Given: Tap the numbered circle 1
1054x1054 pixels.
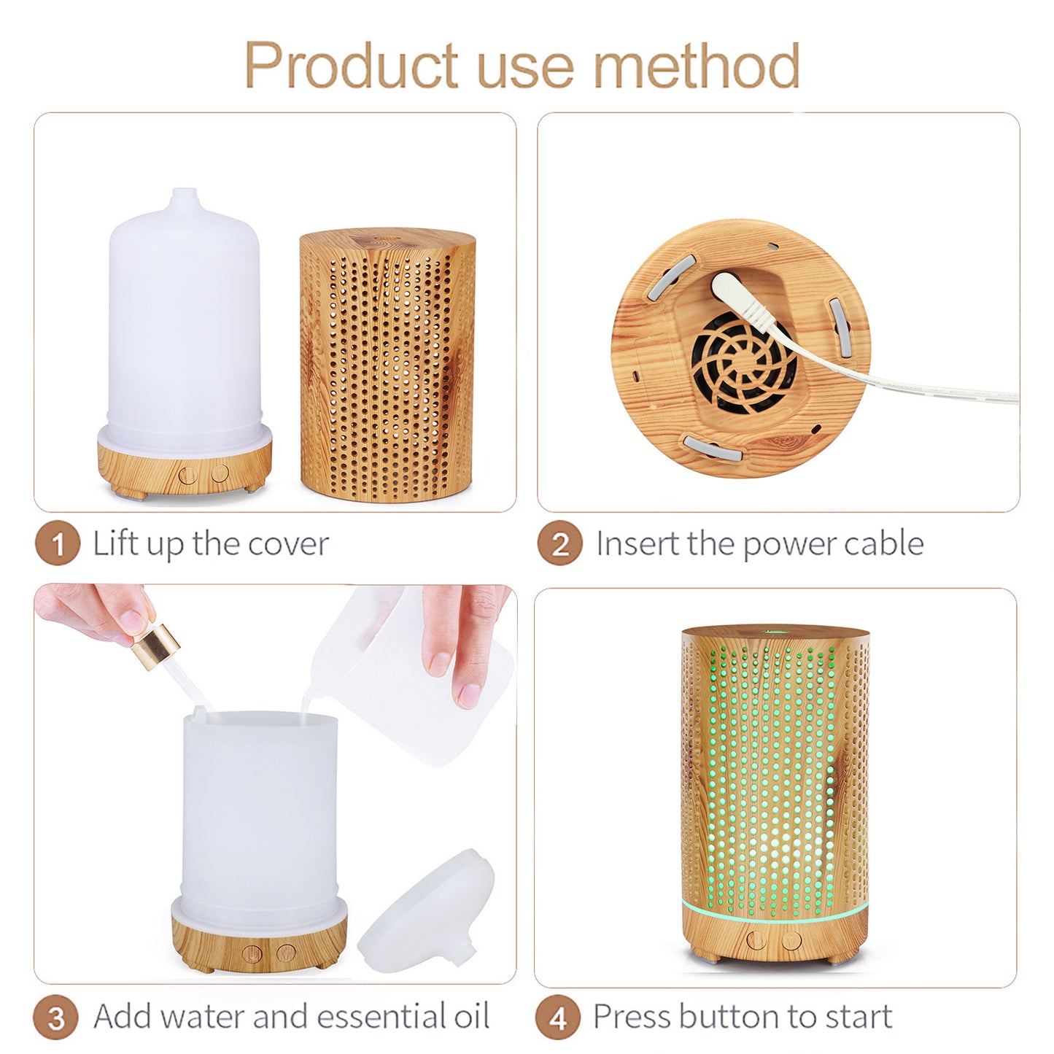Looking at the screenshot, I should pyautogui.click(x=57, y=544).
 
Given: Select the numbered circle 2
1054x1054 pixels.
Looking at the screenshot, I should pyautogui.click(x=559, y=544).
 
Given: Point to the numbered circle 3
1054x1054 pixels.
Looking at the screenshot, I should pyautogui.click(x=56, y=1018).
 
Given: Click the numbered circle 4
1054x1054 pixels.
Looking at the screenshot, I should pyautogui.click(x=558, y=1018).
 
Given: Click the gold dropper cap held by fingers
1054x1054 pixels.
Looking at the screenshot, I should pyautogui.click(x=155, y=645).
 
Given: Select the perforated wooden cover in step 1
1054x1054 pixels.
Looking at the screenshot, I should pyautogui.click(x=387, y=365).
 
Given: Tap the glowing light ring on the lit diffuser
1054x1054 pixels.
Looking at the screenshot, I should pyautogui.click(x=775, y=912).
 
